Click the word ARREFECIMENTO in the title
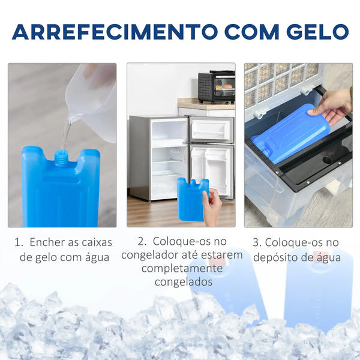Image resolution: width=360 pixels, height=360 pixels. click(115, 32)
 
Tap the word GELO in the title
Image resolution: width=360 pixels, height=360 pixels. click(317, 32)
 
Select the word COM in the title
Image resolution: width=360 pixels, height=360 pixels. click(252, 32)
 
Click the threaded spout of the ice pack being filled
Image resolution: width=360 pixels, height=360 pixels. click(61, 157)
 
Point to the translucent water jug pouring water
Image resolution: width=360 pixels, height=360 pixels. click(92, 101)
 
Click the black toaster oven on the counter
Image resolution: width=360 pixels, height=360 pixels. click(217, 86)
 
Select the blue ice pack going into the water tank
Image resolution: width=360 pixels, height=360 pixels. click(290, 134)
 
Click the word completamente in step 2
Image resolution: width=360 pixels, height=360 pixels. click(182, 268)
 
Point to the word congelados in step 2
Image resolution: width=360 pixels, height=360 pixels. click(184, 282)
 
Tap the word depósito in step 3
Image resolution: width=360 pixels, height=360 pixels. click(275, 257)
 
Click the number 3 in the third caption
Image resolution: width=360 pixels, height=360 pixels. click(256, 242)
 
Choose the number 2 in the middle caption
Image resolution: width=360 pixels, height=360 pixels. click(141, 242)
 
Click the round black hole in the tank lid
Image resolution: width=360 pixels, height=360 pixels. click(327, 160)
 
